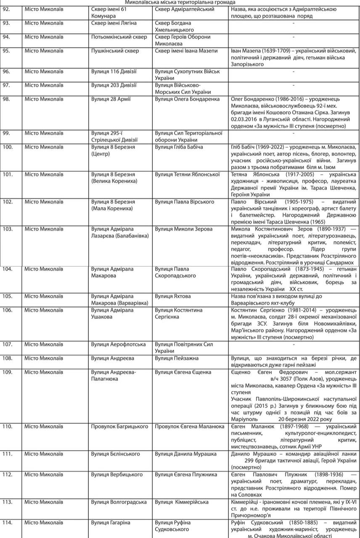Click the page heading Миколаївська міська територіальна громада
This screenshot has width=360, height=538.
[180, 3]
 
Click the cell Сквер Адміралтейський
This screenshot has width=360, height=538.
[185, 9]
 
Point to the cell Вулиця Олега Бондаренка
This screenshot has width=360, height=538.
[187, 99]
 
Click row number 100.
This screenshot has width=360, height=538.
[8, 147]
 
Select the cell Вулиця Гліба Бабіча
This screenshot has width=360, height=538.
[179, 147]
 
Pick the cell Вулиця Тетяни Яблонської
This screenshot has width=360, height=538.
[188, 174]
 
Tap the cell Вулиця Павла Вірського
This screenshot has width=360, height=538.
[185, 202]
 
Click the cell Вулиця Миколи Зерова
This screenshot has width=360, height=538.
[184, 229]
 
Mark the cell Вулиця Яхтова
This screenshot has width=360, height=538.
[173, 296]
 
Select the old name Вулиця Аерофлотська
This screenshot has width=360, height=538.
[116, 344]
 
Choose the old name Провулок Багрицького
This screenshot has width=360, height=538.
[119, 427]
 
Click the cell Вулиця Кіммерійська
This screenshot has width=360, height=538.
[182, 502]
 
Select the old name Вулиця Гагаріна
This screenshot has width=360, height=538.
[111, 522]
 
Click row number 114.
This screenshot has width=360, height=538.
[8, 522]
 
